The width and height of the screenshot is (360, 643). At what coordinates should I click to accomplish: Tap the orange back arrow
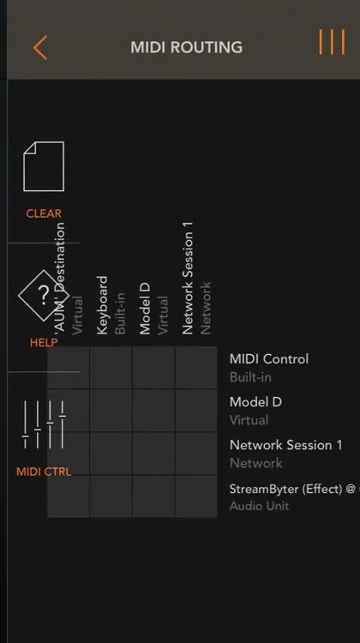(x=40, y=47)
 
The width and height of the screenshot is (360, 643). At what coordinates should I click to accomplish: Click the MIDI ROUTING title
(x=187, y=47)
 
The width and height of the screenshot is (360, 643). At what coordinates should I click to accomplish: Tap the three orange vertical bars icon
(x=332, y=42)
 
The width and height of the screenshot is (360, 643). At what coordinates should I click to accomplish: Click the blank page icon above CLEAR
(x=44, y=166)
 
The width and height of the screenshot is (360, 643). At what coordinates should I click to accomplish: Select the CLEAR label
(x=44, y=213)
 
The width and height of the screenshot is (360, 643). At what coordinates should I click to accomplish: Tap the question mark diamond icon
(x=44, y=295)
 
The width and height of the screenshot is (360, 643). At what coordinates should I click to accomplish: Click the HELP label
(x=44, y=343)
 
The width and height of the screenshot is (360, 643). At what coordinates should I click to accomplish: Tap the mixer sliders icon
(x=44, y=425)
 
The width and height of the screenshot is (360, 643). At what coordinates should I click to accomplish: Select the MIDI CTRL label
(x=44, y=472)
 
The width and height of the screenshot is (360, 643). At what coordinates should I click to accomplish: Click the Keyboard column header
(x=102, y=305)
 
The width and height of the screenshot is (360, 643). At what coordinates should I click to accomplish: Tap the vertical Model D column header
(x=145, y=309)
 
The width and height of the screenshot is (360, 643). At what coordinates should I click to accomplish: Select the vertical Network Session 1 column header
(x=188, y=279)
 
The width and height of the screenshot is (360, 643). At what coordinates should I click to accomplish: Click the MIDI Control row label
(x=269, y=359)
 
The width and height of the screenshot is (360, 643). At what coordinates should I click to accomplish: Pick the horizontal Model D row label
(x=255, y=402)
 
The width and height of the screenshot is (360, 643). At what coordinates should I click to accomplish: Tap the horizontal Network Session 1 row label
(x=285, y=445)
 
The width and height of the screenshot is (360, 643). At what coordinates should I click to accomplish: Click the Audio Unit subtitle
(x=259, y=506)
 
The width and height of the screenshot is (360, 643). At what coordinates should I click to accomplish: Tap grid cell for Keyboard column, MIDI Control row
(x=111, y=368)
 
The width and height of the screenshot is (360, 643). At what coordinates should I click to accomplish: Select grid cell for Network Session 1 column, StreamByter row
(x=196, y=496)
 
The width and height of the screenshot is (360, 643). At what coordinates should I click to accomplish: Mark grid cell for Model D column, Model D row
(x=153, y=411)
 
